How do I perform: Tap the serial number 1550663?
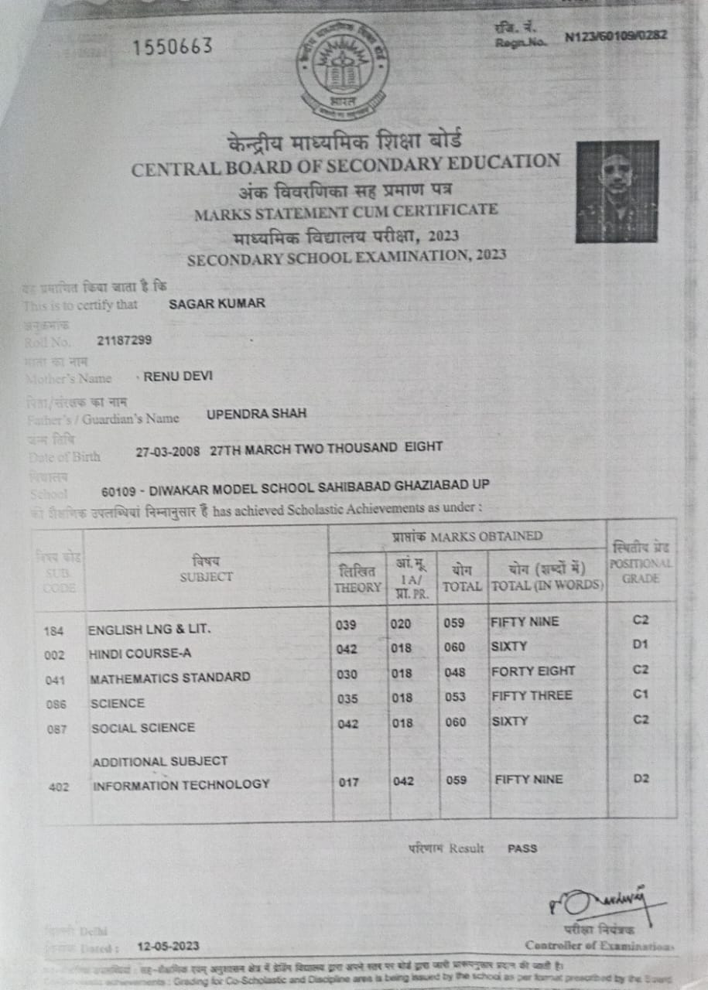coord(172,47)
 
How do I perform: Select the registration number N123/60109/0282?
coord(616,36)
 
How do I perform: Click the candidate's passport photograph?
coord(617,191)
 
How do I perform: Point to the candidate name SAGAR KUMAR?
coord(217,304)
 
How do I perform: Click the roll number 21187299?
coord(125,340)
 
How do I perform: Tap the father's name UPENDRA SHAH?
coord(256,414)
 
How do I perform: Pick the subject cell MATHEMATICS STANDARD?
coord(169,678)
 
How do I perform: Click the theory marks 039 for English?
coord(347,624)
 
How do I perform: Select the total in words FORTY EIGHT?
coord(533,671)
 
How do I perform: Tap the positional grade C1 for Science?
coord(640,695)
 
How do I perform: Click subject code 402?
coord(59,787)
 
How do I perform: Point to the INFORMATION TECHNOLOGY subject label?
coord(181,785)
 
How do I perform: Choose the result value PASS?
coord(522,848)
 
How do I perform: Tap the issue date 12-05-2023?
coord(168,946)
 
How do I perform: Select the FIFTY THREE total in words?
coord(532,695)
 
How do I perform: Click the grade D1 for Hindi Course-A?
coord(640,645)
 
